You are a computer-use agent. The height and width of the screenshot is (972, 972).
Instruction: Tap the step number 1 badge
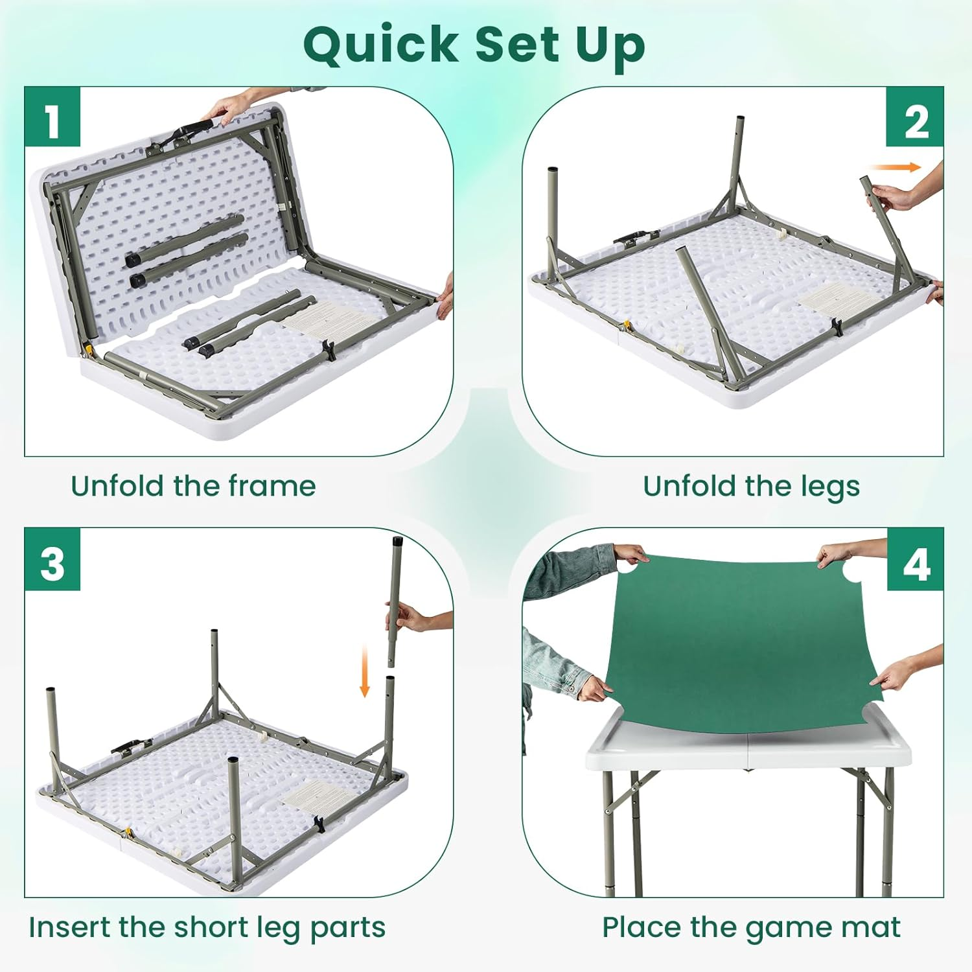tap(52, 117)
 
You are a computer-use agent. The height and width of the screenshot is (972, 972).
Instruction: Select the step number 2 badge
tap(915, 117)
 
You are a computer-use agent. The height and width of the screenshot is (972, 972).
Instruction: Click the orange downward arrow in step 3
tap(365, 671)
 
